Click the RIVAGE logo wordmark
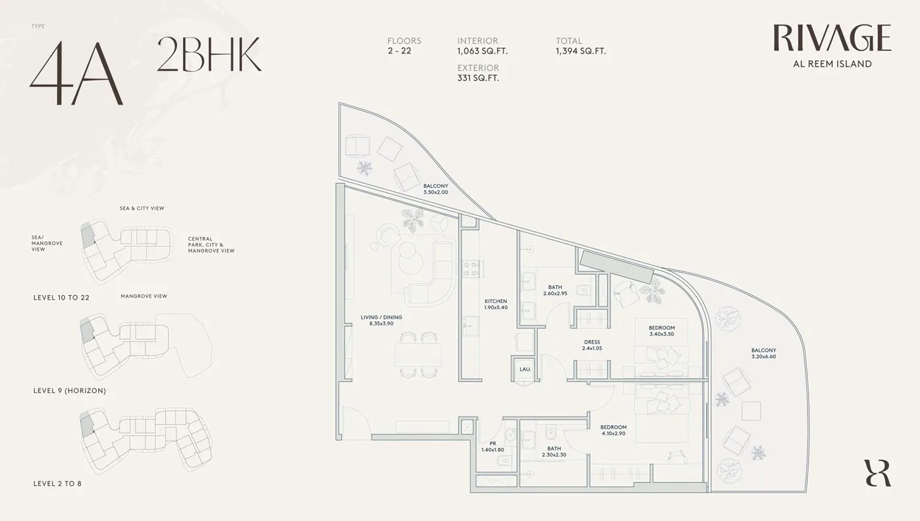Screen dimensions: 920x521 tap(832, 38)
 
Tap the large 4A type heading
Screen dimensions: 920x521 tap(76, 72)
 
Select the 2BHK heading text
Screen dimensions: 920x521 tap(209, 54)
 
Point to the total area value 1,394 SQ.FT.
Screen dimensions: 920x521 tap(581, 51)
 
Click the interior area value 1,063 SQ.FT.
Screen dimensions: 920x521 tap(482, 51)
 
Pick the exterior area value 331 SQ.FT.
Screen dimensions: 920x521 tap(478, 78)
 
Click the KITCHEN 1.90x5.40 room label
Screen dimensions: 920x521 tap(496, 304)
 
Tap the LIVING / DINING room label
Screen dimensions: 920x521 tap(381, 320)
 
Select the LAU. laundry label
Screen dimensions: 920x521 tap(526, 369)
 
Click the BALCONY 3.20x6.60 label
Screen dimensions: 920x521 tap(763, 353)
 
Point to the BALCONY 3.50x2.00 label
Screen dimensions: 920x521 tap(436, 189)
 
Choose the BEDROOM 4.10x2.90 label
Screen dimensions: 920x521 tap(613, 430)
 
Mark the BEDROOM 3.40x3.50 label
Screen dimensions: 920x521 tap(662, 331)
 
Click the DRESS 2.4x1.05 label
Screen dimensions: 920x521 tap(592, 344)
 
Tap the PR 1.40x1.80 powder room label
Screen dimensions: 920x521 tap(493, 447)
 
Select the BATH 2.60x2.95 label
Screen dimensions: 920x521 tap(555, 290)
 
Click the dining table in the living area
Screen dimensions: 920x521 tap(418, 355)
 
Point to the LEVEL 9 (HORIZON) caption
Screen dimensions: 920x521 tap(70, 391)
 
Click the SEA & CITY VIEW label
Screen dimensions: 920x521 tap(142, 208)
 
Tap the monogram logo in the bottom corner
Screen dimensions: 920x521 tap(878, 473)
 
